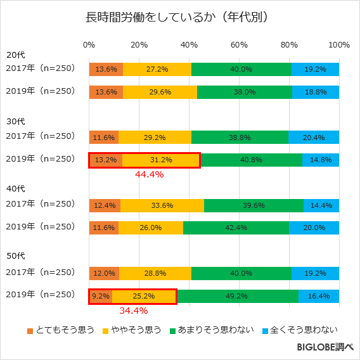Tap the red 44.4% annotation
(x=150, y=174)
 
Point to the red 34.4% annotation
(x=134, y=311)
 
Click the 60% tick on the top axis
(x=239, y=45)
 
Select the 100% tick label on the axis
(x=339, y=45)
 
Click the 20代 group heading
(x=15, y=55)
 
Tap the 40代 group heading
(x=15, y=189)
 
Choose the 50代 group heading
(x=15, y=257)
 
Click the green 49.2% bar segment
(x=237, y=296)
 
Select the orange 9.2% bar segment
(x=101, y=296)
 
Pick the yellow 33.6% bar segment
(x=162, y=205)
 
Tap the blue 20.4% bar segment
(x=314, y=137)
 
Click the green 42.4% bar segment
(x=235, y=227)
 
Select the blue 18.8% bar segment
(x=315, y=92)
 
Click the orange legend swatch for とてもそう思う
(x=30, y=330)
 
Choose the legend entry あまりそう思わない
(x=215, y=330)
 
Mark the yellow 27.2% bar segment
(x=157, y=69)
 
